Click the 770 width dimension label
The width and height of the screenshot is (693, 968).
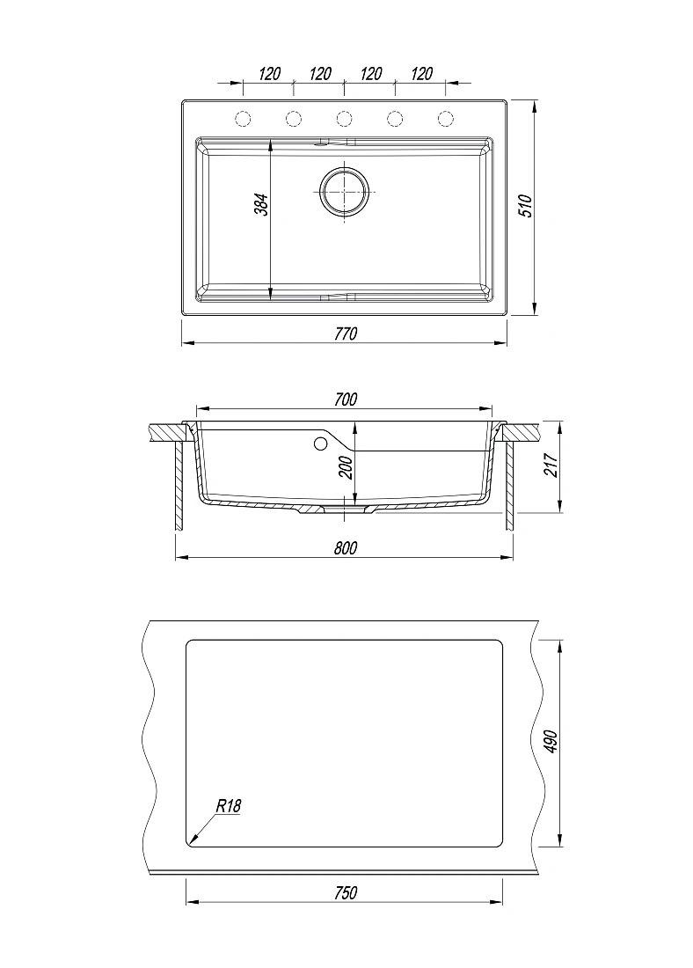pyautogui.click(x=346, y=334)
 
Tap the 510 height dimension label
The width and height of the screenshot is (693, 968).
pyautogui.click(x=525, y=206)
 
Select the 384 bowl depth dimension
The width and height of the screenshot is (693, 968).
pyautogui.click(x=262, y=205)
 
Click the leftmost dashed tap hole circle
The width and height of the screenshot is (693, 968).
pyautogui.click(x=243, y=117)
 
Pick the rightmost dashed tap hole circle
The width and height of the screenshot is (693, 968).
pyautogui.click(x=446, y=117)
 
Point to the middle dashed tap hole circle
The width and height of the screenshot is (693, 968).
pyautogui.click(x=345, y=117)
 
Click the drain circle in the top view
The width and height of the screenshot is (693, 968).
pyautogui.click(x=345, y=191)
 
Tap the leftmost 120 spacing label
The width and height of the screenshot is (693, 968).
pyautogui.click(x=269, y=74)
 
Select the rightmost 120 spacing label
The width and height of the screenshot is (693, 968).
pyautogui.click(x=421, y=74)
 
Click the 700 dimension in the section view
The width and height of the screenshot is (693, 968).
pyautogui.click(x=346, y=400)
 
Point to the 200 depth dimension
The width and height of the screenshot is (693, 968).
pyautogui.click(x=346, y=468)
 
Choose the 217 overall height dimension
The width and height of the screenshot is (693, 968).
pyautogui.click(x=551, y=465)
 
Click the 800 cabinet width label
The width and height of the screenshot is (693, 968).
pyautogui.click(x=346, y=548)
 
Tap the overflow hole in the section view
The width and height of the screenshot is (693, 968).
pyautogui.click(x=320, y=443)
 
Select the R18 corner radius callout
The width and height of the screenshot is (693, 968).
pyautogui.click(x=229, y=805)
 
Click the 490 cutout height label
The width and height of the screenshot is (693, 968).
pyautogui.click(x=551, y=741)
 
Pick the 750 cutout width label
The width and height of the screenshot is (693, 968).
pyautogui.click(x=346, y=892)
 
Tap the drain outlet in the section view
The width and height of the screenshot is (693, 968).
pyautogui.click(x=346, y=510)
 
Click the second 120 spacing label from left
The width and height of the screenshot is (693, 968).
pyautogui.click(x=319, y=74)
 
